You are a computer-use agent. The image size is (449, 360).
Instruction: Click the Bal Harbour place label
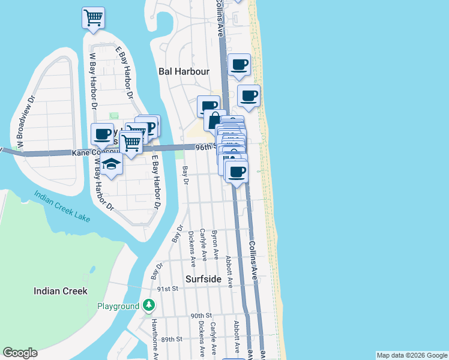pyautogui.click(x=184, y=71)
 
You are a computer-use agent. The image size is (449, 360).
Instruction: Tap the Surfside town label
pyautogui.click(x=204, y=279)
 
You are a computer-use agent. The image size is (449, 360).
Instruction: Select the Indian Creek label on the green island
pyautogui.click(x=61, y=291)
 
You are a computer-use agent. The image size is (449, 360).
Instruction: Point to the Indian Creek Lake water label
pyautogui.click(x=63, y=206)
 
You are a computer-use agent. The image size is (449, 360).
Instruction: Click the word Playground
pyautogui.click(x=118, y=307)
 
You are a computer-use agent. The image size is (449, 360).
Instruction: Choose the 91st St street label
pyautogui.click(x=168, y=289)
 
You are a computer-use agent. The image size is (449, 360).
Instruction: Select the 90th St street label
pyautogui.click(x=202, y=316)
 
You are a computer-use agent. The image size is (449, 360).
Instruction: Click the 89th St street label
pyautogui.click(x=171, y=339)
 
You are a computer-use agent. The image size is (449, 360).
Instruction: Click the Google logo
pyautogui.click(x=20, y=353)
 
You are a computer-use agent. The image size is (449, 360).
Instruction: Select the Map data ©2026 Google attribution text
pyautogui.click(x=411, y=355)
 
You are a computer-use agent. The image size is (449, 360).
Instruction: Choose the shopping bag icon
pyautogui.click(x=214, y=119)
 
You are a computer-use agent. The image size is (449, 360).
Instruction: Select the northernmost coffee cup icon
pyautogui.click(x=240, y=64)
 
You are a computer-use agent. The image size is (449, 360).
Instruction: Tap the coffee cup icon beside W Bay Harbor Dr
pyautogui.click(x=101, y=134)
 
